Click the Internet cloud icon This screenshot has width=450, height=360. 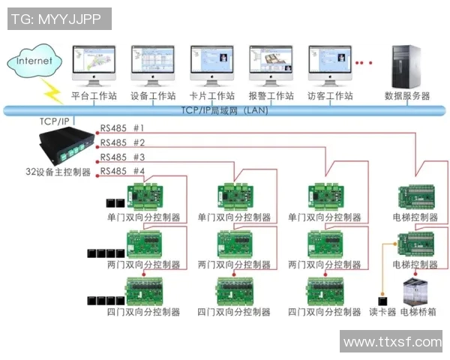coord(34,61)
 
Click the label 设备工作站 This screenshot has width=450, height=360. coord(152,97)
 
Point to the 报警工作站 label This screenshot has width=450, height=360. coord(271,97)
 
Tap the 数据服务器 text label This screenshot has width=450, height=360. coord(407,97)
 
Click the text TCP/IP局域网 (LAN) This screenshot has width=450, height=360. coord(225,111)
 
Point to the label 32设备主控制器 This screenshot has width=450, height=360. coord(56,172)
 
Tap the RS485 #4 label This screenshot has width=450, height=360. coord(122,171)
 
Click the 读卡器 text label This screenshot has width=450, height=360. coord(382,312)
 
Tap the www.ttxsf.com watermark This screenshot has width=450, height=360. coord(391,342)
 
